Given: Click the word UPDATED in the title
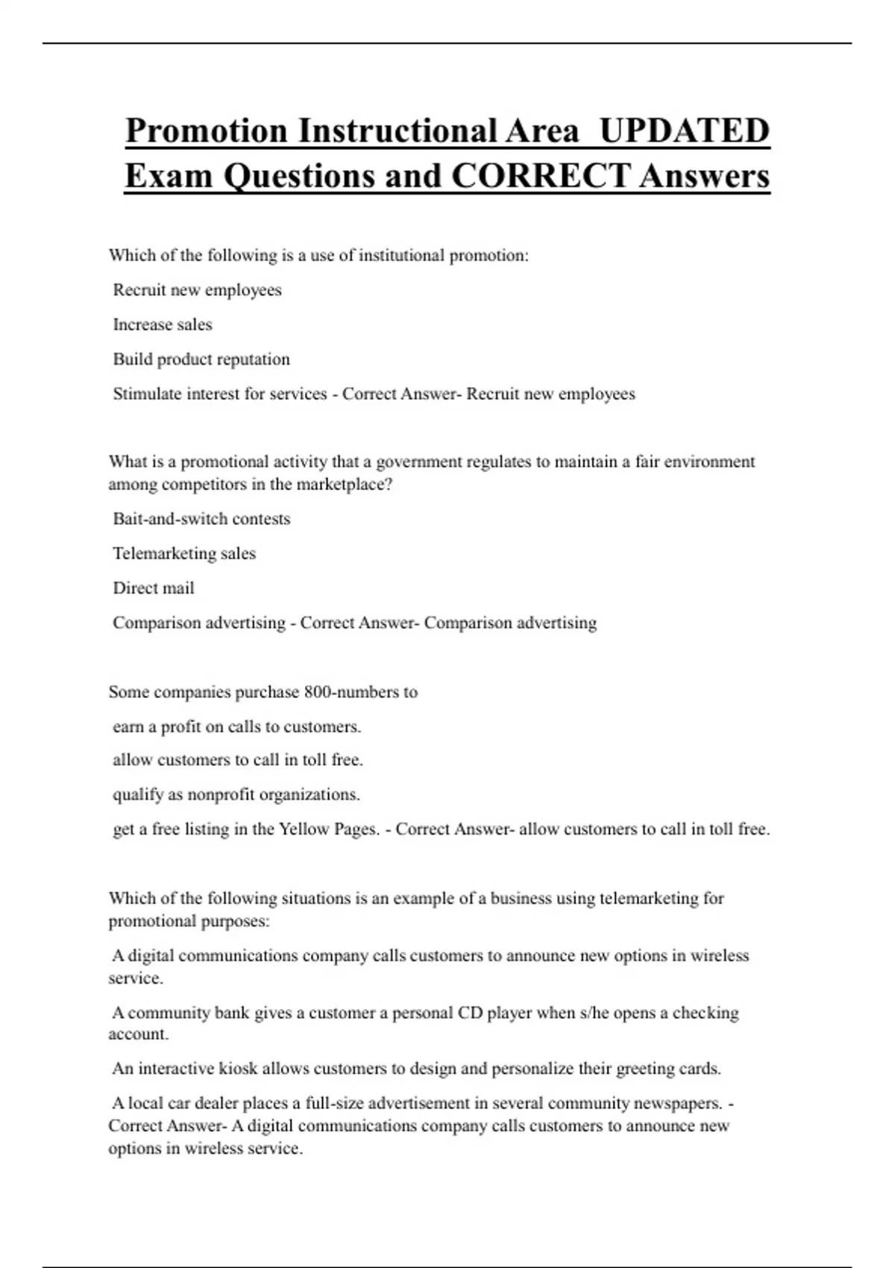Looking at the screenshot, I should point(684,131).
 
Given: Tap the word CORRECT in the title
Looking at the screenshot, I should point(541,176).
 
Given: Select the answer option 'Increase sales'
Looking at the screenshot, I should point(163,324).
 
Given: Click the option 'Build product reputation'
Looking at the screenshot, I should point(201,360).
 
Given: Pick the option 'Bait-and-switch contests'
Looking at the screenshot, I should point(201,519).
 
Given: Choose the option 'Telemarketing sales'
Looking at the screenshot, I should point(184,553).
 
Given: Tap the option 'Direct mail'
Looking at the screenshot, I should point(154,589).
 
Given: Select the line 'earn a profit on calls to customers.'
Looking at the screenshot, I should point(236,726).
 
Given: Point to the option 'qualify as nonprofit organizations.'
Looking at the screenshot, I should point(236,795).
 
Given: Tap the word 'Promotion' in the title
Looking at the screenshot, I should point(206,131).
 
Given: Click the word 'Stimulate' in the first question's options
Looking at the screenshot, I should point(147,394).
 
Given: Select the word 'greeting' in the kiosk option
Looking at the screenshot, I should point(645,1069).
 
